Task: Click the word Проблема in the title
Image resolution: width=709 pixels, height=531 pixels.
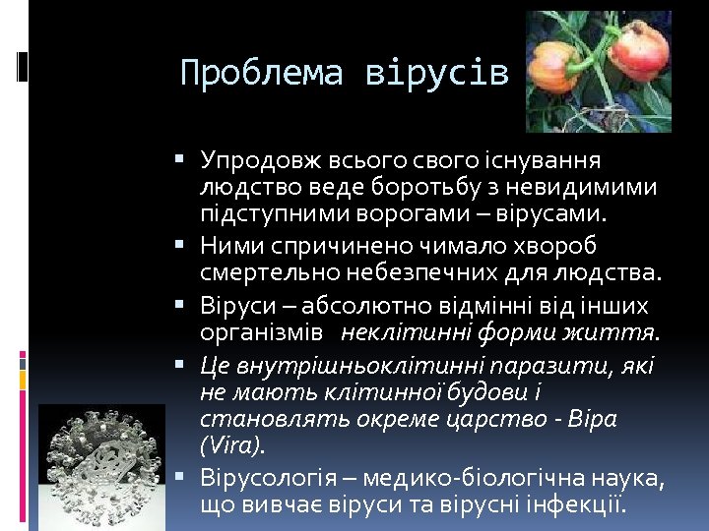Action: pos(261,74)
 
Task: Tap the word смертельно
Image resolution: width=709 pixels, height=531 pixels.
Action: pos(257,270)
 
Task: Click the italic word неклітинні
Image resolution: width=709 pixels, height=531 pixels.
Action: pos(407,331)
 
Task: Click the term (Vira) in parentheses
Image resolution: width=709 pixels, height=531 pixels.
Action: pos(232,445)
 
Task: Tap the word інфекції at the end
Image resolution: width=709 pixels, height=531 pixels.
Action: pos(581,506)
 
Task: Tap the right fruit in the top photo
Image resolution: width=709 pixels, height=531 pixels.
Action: pos(639,54)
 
